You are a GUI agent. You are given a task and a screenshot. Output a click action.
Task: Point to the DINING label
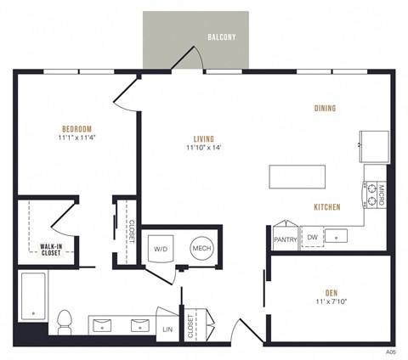tap(323, 109)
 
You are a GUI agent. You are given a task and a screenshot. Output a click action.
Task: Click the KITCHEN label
tap(327, 207)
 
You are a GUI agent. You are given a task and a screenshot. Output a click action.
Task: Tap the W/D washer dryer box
tap(161, 248)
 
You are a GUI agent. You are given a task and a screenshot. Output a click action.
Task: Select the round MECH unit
tap(201, 248)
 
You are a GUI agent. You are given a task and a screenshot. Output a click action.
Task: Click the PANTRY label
tap(284, 239)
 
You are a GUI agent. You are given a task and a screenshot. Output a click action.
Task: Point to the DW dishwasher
tap(312, 238)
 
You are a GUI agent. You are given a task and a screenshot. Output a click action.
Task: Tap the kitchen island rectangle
tap(298, 177)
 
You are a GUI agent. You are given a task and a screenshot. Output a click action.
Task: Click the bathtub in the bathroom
tap(33, 297)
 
